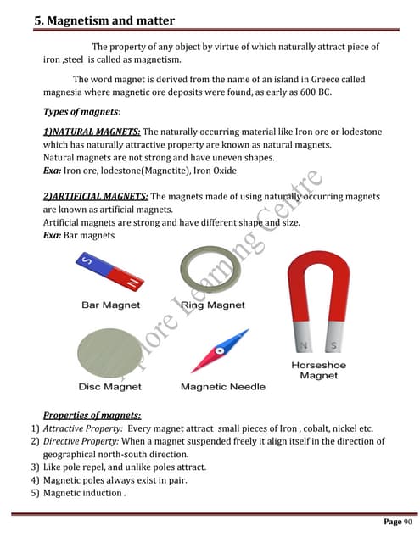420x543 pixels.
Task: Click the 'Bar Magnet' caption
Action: pos(110,305)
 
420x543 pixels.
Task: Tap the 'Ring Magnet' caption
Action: pos(213,305)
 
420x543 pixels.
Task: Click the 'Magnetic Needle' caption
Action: pos(223,387)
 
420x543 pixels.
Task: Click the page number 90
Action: pos(396,521)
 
